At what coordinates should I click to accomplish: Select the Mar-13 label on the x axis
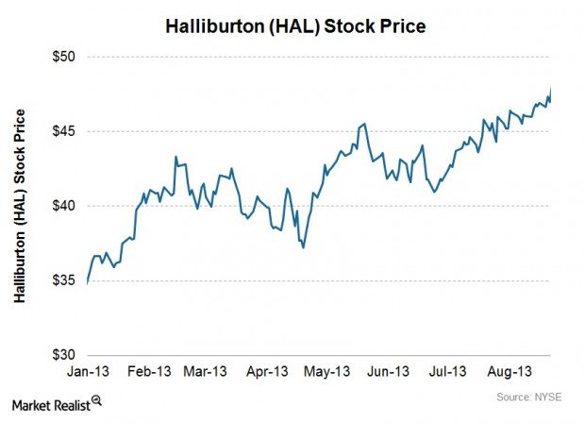[x=206, y=371]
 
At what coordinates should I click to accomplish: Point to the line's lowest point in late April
[x=303, y=247]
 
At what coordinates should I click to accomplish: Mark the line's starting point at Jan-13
[x=87, y=282]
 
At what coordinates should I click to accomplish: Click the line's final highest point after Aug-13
[x=551, y=89]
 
